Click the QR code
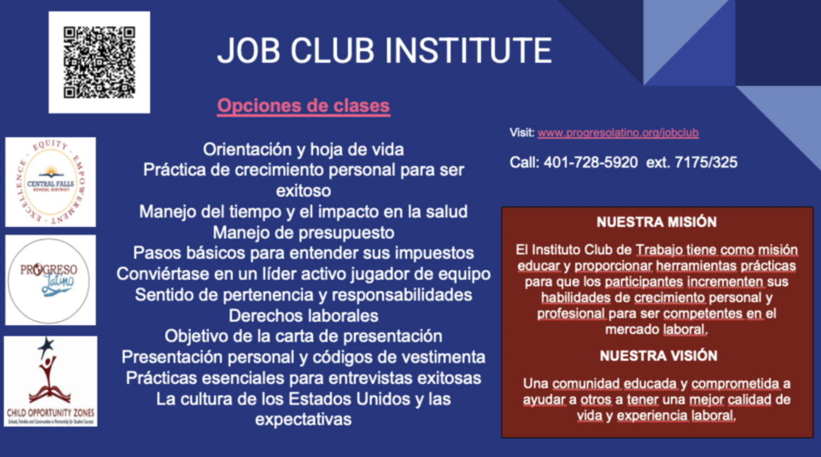[x=99, y=63]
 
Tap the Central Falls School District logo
[x=51, y=182]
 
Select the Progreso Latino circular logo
[x=50, y=280]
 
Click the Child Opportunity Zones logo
[x=51, y=381]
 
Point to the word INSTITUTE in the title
[x=468, y=51]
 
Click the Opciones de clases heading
[x=303, y=106]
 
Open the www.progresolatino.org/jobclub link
[x=618, y=133]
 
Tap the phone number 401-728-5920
[x=590, y=162]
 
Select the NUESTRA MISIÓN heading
[x=656, y=222]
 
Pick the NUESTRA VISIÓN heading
[x=658, y=356]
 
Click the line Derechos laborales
[x=303, y=315]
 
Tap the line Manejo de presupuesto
[x=303, y=232]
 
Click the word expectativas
[x=303, y=419]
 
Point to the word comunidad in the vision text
[x=587, y=384]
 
